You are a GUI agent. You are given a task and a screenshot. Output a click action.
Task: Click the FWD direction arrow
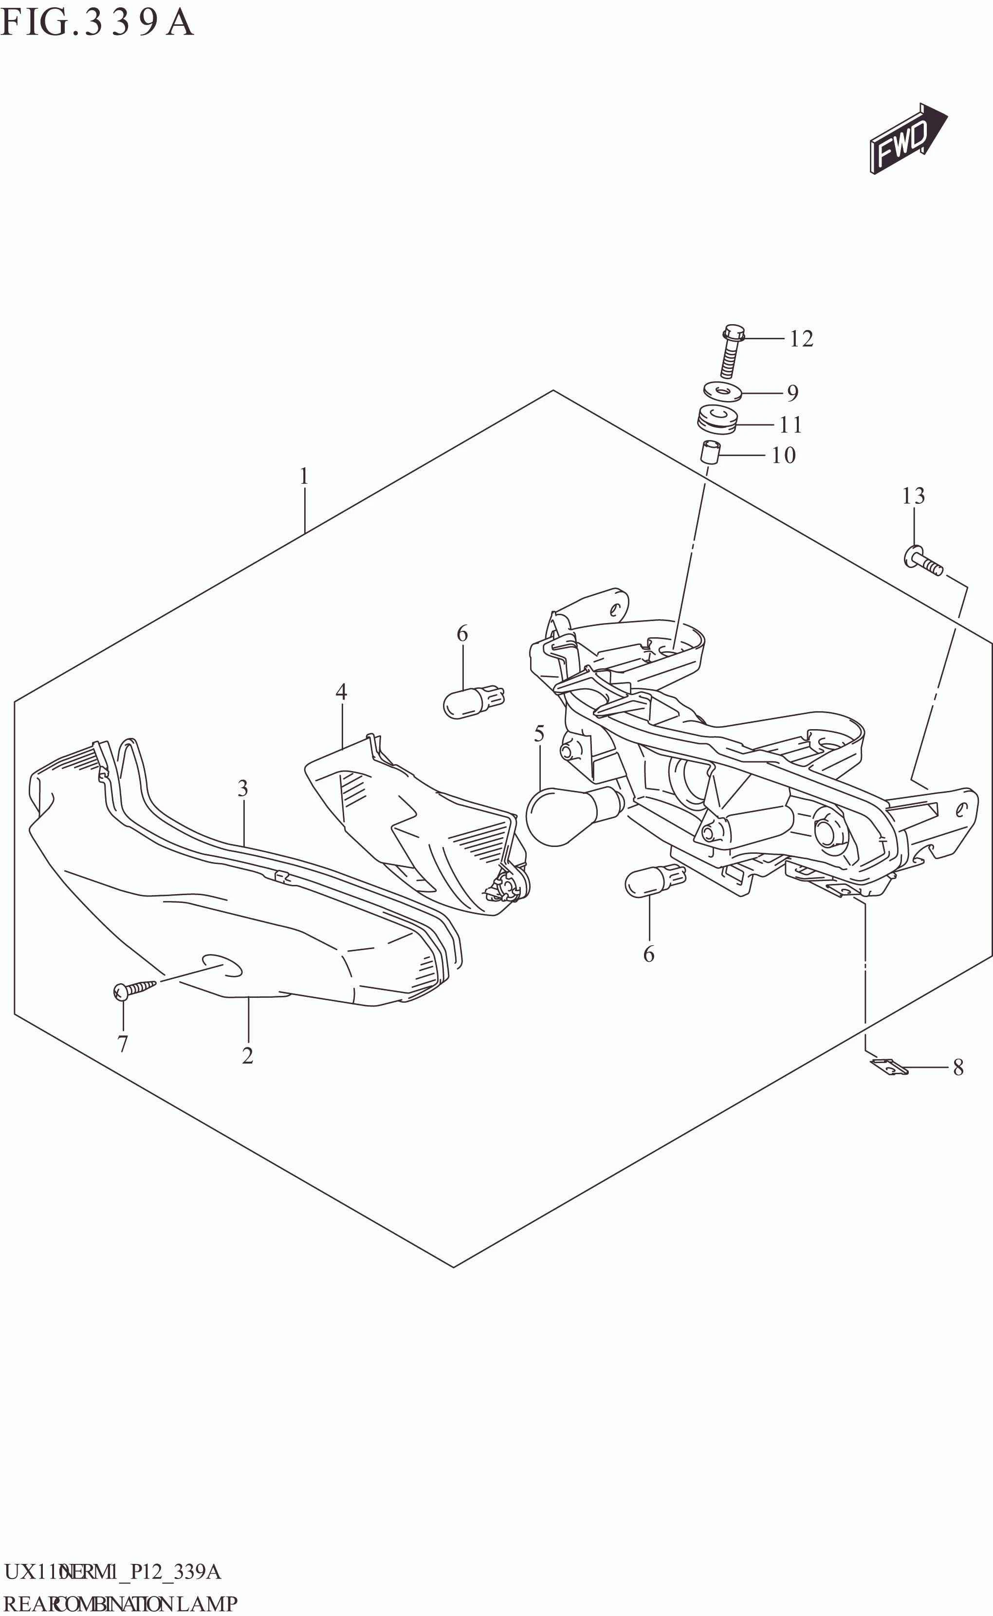point(907,139)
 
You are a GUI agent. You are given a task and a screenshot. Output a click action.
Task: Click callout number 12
point(801,339)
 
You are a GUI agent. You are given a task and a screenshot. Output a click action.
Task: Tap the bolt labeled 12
point(731,351)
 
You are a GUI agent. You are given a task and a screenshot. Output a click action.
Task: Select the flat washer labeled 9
point(722,392)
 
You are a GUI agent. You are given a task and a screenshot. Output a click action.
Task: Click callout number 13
point(913,496)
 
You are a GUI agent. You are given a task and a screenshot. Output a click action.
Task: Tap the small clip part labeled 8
point(888,1068)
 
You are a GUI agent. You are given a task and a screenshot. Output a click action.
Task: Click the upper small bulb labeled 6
point(473,702)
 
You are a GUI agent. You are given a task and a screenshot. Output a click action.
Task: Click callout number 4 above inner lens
point(341,692)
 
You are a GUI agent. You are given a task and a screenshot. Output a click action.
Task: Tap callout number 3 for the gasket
point(243,788)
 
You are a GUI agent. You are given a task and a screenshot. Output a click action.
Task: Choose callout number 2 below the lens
point(248,1056)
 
